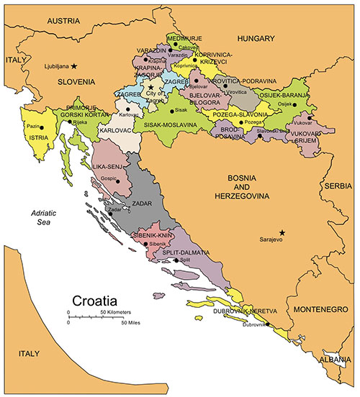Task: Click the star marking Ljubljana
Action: pyautogui.click(x=74, y=65)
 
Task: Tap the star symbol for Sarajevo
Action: pyautogui.click(x=282, y=232)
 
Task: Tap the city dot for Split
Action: pyautogui.click(x=176, y=260)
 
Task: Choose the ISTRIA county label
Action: pyautogui.click(x=37, y=135)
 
